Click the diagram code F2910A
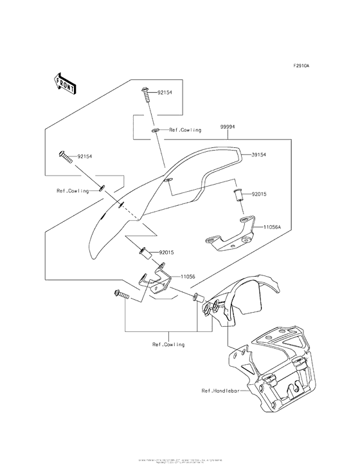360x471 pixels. click(x=302, y=66)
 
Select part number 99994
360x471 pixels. click(x=227, y=127)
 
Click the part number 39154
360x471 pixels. click(x=260, y=155)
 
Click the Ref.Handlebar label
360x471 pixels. click(x=219, y=391)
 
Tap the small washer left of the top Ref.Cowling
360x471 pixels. click(x=156, y=131)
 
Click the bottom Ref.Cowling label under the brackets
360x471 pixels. click(x=168, y=344)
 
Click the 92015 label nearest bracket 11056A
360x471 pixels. click(x=259, y=193)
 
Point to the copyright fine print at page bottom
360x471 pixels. click(x=180, y=462)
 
